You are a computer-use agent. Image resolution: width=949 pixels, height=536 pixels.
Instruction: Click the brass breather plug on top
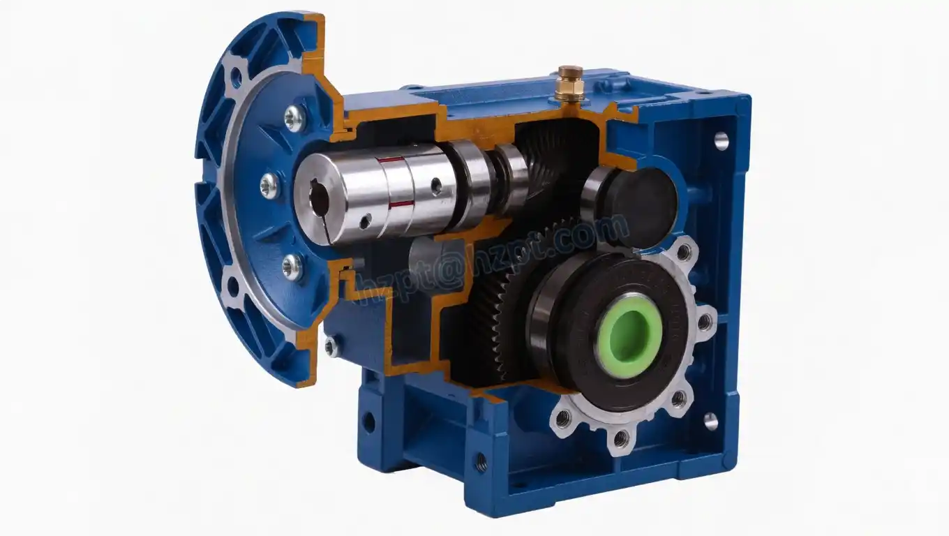[570, 84]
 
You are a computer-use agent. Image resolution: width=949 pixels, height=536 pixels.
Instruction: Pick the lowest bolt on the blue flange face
[292, 267]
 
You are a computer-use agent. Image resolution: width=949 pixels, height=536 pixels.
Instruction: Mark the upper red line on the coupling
[391, 160]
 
